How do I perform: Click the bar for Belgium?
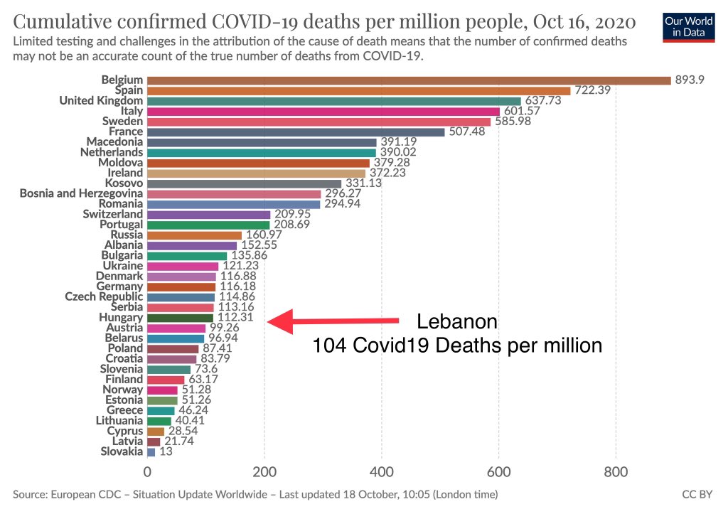click(x=409, y=80)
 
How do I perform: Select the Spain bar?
click(x=358, y=90)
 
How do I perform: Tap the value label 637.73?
click(x=543, y=101)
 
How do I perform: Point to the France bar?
click(x=295, y=132)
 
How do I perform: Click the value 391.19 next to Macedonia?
click(x=397, y=142)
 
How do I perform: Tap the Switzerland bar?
click(x=208, y=214)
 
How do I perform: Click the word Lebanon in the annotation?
click(x=457, y=321)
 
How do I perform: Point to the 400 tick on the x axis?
click(x=382, y=471)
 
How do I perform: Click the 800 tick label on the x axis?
click(x=616, y=471)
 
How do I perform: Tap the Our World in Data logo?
click(x=688, y=26)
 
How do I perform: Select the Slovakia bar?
click(x=151, y=451)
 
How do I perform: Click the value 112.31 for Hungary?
click(x=235, y=318)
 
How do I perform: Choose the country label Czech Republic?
click(x=104, y=296)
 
